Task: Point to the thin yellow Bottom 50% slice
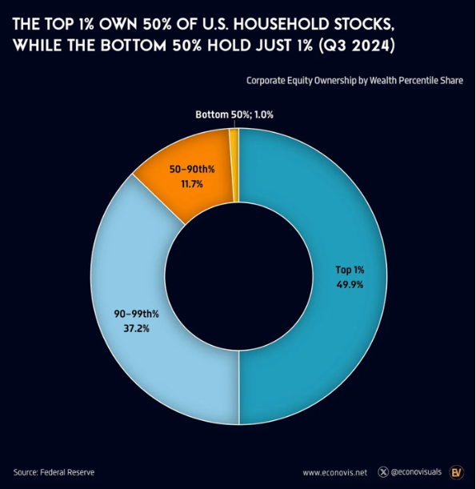pyautogui.click(x=234, y=166)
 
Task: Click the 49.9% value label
pyautogui.click(x=350, y=285)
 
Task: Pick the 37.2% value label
pyautogui.click(x=137, y=328)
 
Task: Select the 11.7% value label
pyautogui.click(x=192, y=184)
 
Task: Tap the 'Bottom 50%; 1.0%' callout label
pyautogui.click(x=234, y=114)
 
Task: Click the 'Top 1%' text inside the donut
pyautogui.click(x=350, y=270)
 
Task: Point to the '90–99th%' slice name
pyautogui.click(x=137, y=314)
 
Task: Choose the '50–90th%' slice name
pyautogui.click(x=192, y=170)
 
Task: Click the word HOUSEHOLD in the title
pyautogui.click(x=281, y=24)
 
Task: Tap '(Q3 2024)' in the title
pyautogui.click(x=356, y=46)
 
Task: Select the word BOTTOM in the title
pyautogui.click(x=134, y=46)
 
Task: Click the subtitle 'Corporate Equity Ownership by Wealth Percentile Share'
pyautogui.click(x=354, y=81)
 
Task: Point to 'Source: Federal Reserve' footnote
pyautogui.click(x=54, y=472)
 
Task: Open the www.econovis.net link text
pyautogui.click(x=334, y=472)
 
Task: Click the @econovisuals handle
pyautogui.click(x=416, y=472)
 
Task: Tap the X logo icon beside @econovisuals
pyautogui.click(x=383, y=472)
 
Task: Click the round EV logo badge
pyautogui.click(x=457, y=472)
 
